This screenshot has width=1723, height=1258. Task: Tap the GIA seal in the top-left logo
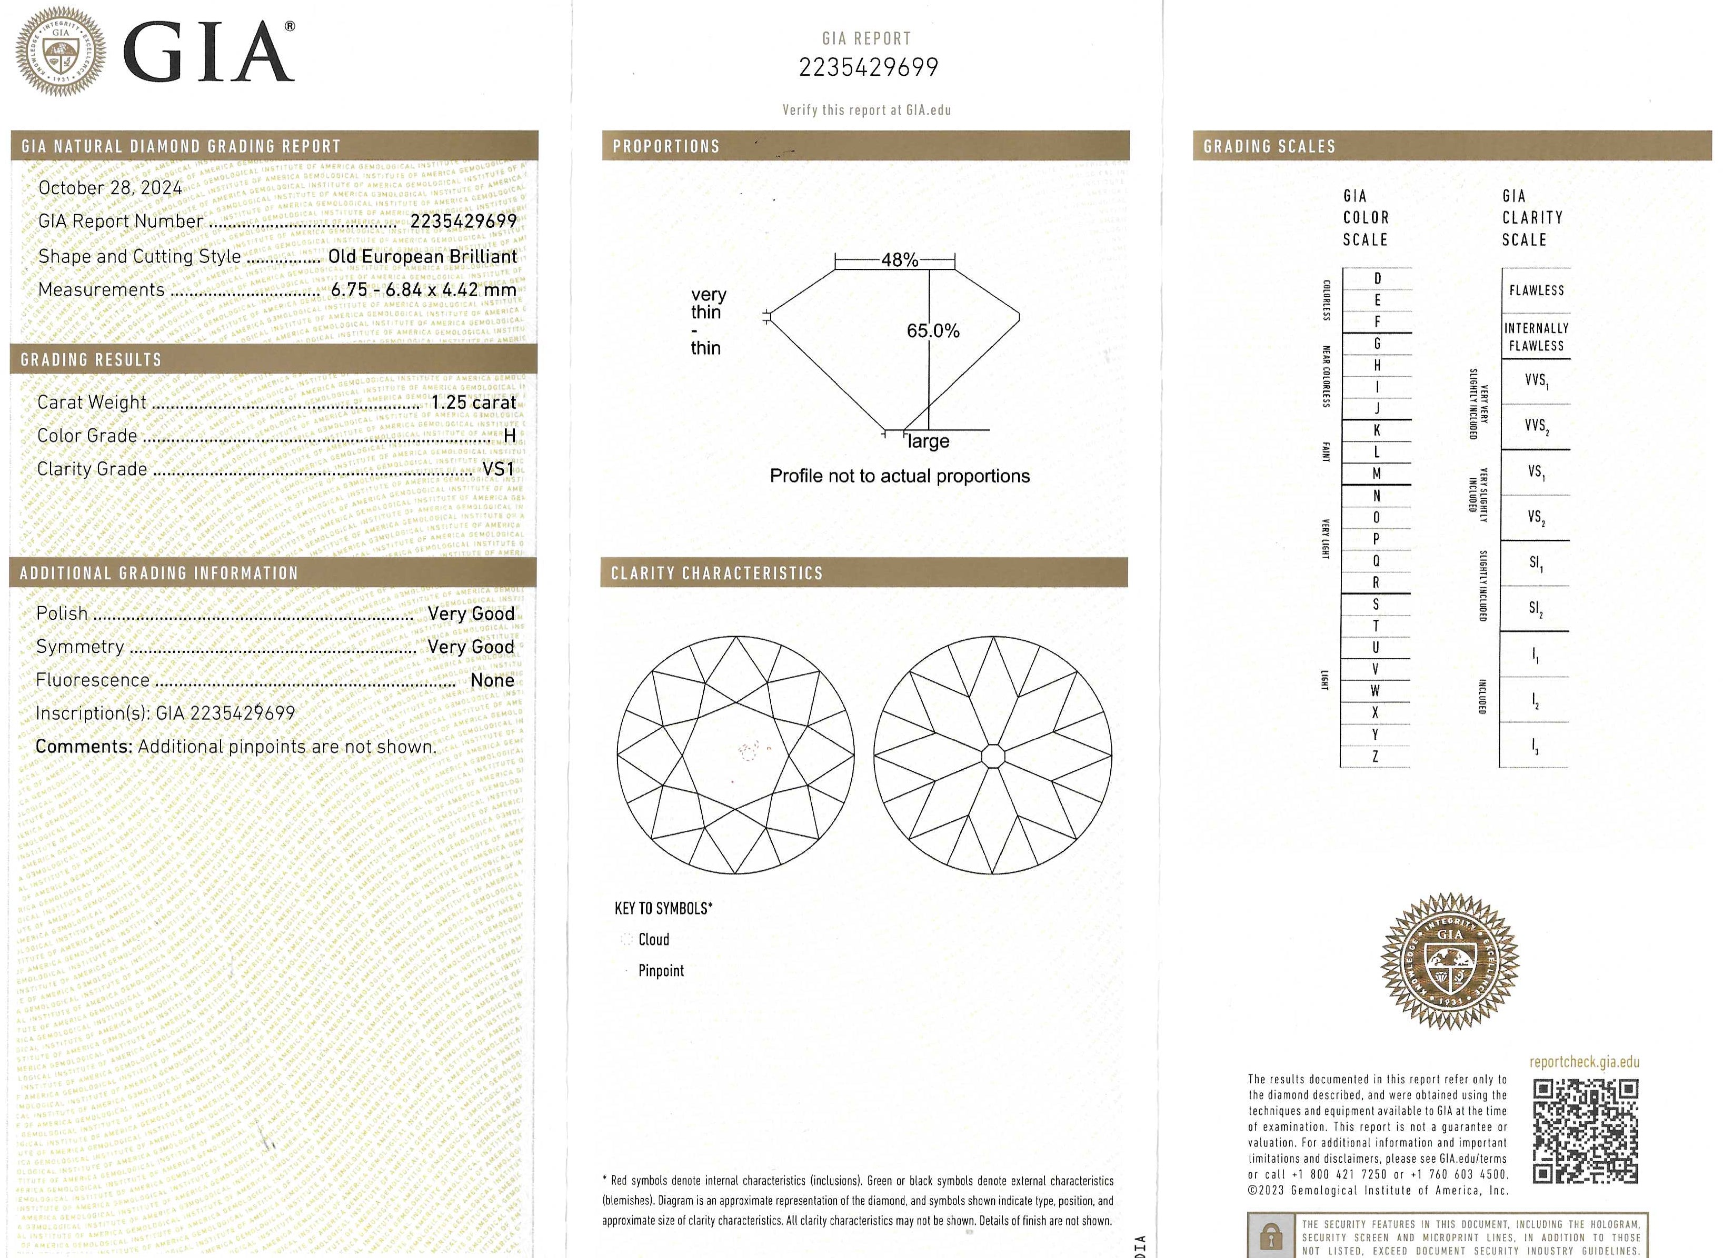(61, 52)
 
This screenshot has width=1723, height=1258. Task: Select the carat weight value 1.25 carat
(473, 402)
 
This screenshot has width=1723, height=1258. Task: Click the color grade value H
(510, 436)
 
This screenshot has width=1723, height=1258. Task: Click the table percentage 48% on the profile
(900, 260)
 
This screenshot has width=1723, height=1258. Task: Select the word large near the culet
(929, 441)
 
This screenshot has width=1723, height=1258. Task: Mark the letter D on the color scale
(1377, 279)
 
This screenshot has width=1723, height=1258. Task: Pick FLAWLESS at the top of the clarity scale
(1536, 290)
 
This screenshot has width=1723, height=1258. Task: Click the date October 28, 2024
(111, 188)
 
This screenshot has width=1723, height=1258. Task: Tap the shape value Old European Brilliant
(422, 257)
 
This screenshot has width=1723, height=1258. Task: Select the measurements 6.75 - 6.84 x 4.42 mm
(424, 290)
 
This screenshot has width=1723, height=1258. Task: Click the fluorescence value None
(492, 680)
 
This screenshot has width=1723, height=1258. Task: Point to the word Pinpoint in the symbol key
(661, 971)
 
